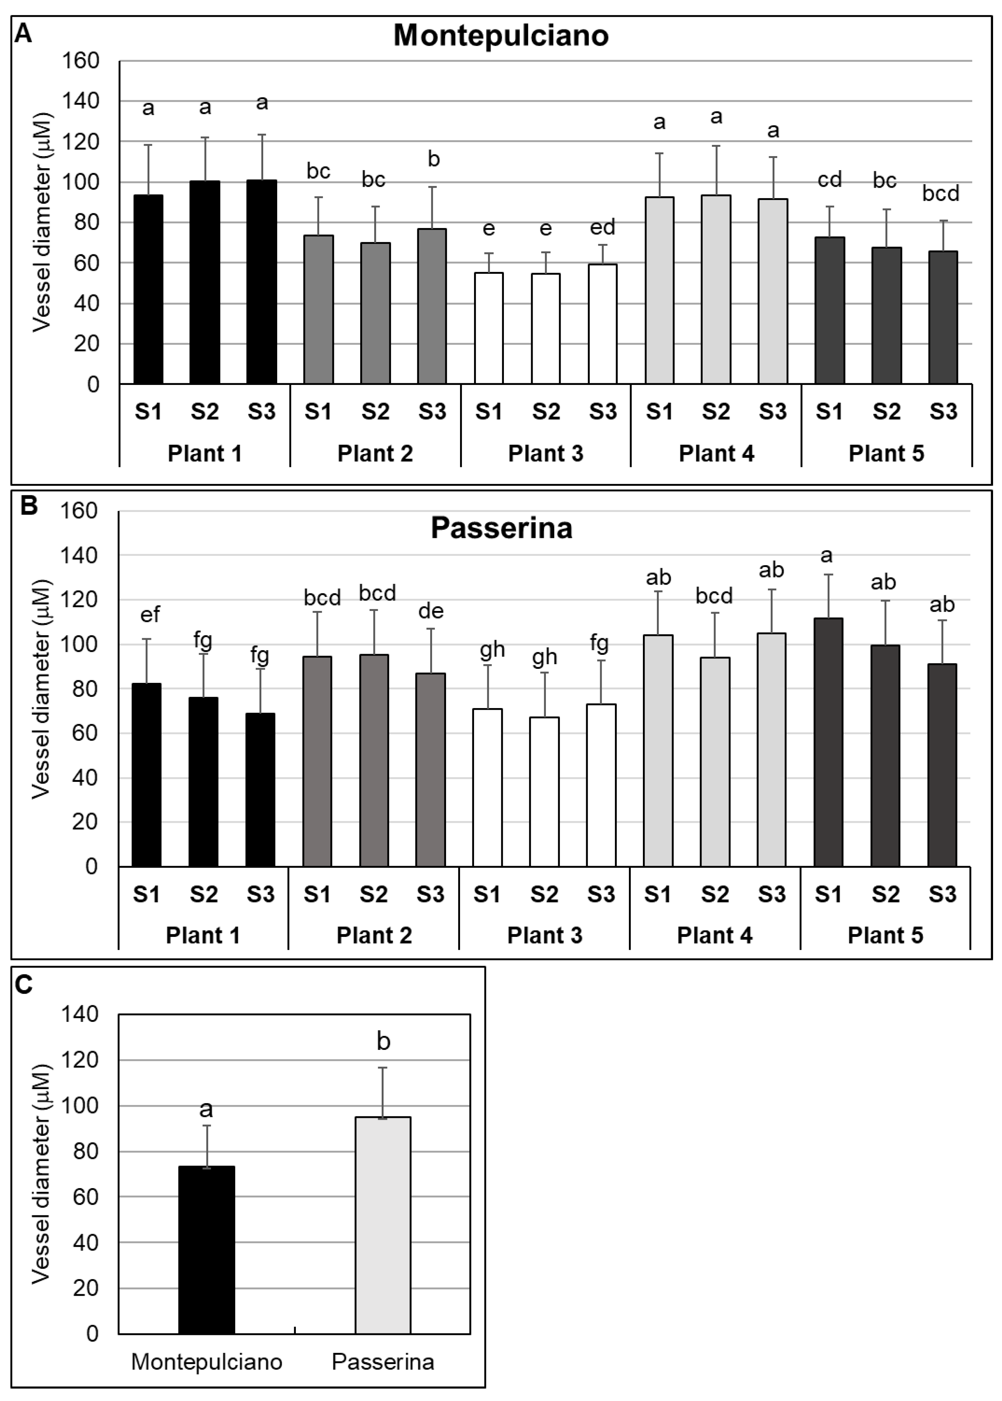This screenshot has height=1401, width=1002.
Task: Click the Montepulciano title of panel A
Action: point(501,35)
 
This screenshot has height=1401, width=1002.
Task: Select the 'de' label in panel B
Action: point(431,611)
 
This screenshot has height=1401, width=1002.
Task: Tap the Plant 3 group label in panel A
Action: point(545,454)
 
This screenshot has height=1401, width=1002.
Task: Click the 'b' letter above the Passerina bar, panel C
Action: point(383,1041)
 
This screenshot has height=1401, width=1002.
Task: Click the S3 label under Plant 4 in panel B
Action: point(771,894)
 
